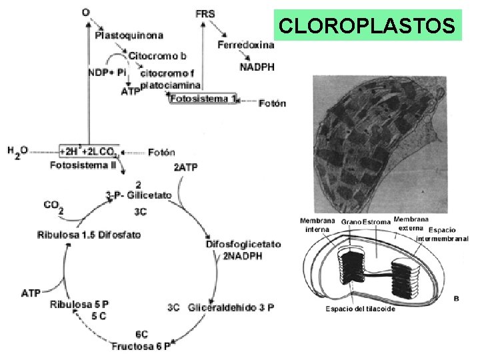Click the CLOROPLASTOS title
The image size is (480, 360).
tap(367, 25)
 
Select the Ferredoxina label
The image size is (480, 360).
tap(245, 45)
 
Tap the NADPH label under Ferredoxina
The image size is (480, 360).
tap(257, 67)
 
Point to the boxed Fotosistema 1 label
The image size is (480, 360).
tap(202, 99)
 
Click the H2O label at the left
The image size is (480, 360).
tap(18, 151)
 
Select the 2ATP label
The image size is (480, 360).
tap(185, 167)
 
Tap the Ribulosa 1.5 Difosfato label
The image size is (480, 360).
tap(89, 235)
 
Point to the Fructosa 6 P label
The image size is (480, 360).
tap(141, 346)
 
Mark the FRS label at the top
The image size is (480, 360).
tap(205, 13)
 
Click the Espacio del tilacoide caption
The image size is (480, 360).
tap(360, 309)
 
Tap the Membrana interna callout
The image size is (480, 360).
tap(317, 225)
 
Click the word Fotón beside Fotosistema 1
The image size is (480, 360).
tap(272, 103)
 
